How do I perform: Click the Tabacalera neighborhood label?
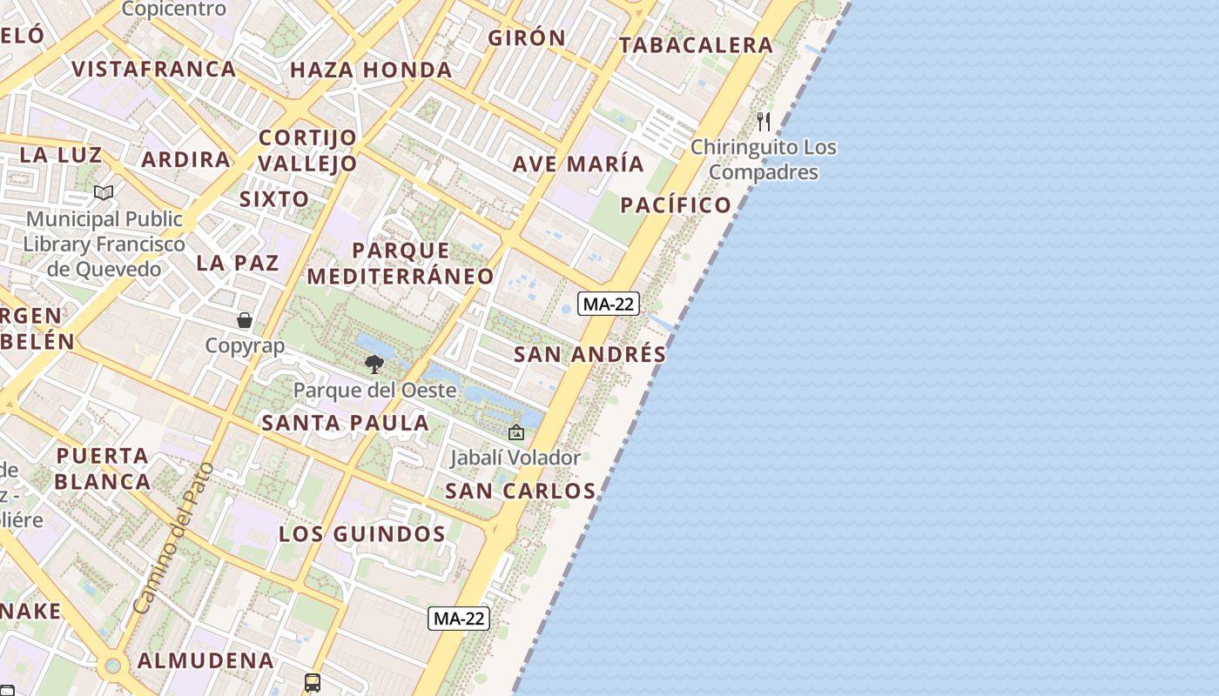(x=696, y=45)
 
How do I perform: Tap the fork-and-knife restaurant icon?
(x=764, y=121)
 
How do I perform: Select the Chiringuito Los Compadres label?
(x=764, y=160)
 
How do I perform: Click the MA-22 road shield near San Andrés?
(x=609, y=304)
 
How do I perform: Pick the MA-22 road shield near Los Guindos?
(x=459, y=619)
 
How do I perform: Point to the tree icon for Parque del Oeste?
(x=374, y=365)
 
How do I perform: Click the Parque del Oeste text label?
(x=374, y=390)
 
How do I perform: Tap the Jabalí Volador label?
(x=515, y=458)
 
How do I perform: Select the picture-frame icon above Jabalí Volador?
(x=516, y=432)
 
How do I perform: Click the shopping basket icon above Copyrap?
(x=245, y=320)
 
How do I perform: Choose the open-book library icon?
(x=104, y=192)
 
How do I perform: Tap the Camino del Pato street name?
(x=172, y=539)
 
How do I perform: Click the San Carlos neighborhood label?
(x=521, y=491)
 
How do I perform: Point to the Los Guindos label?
(x=362, y=534)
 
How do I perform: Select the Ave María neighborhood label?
(x=578, y=164)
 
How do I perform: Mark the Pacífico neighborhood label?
(x=676, y=205)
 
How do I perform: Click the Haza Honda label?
(x=371, y=70)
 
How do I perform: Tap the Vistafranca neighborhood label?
(x=154, y=69)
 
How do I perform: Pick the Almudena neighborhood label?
(x=205, y=660)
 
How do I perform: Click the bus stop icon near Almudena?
(x=313, y=683)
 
